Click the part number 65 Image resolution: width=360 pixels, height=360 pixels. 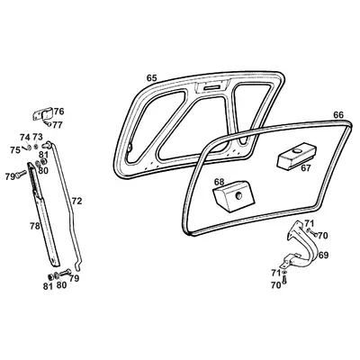click(150, 79)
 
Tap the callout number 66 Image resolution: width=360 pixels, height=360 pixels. click(338, 115)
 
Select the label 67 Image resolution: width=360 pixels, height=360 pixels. click(307, 166)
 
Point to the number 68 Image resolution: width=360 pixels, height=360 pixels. click(219, 182)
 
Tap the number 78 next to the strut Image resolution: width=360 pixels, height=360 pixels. click(34, 226)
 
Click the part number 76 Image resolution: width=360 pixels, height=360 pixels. click(58, 112)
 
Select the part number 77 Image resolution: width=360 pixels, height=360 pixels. click(58, 124)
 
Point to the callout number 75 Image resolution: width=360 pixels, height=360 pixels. click(14, 149)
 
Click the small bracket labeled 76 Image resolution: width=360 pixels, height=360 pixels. click(41, 115)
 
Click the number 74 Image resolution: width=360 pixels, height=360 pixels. click(24, 137)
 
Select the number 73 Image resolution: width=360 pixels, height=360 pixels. click(37, 137)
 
